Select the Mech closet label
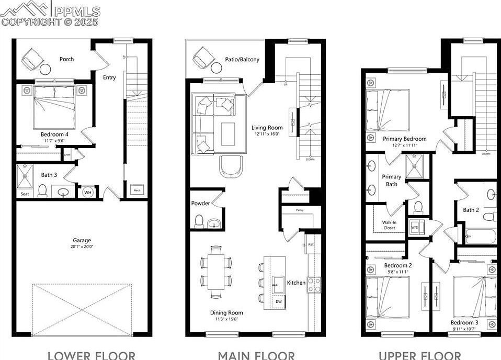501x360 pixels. tap(138, 190)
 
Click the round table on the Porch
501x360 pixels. tap(45, 69)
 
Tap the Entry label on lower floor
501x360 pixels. tap(109, 77)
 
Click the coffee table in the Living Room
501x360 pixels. tap(227, 133)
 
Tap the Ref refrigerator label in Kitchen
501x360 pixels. tap(311, 244)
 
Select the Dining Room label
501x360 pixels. tap(226, 313)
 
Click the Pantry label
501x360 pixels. tap(300, 210)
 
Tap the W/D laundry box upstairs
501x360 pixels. tap(415, 228)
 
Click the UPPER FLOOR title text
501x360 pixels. tap(419, 356)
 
